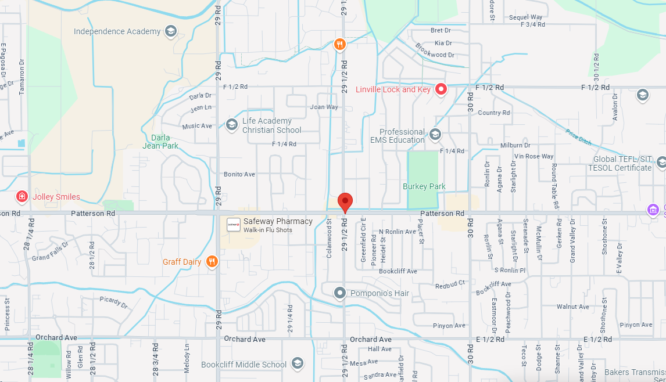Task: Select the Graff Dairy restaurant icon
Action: click(x=212, y=262)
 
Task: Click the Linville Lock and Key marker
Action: click(x=441, y=89)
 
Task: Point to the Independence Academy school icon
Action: click(x=171, y=31)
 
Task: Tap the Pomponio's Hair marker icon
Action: click(x=340, y=293)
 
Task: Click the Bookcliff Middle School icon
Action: click(x=298, y=364)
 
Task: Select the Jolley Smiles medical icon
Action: click(x=22, y=197)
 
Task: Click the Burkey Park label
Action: click(x=424, y=186)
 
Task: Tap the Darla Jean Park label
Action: click(x=161, y=142)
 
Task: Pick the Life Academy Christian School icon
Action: click(x=232, y=124)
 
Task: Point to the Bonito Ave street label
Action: click(x=239, y=174)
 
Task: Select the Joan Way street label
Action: click(x=324, y=107)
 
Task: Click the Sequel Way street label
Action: click(x=525, y=17)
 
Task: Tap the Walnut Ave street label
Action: click(x=573, y=307)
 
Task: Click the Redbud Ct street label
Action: click(x=450, y=283)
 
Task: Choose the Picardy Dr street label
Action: click(x=113, y=302)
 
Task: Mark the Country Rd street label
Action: click(x=493, y=113)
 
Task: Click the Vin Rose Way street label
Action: click(x=534, y=156)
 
